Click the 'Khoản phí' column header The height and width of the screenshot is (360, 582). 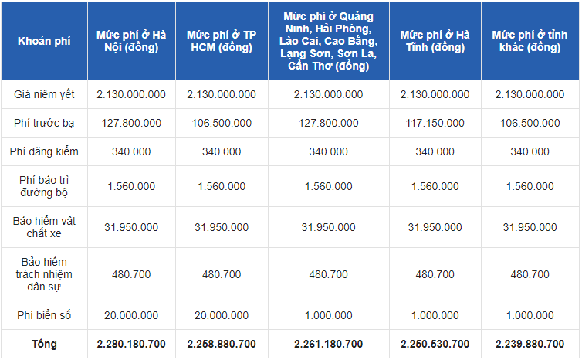(x=44, y=40)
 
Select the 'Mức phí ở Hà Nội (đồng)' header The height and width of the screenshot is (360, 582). (x=131, y=41)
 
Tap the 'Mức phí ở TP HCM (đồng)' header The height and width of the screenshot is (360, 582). (x=222, y=41)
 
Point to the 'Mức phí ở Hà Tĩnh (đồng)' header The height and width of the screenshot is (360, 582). (x=435, y=41)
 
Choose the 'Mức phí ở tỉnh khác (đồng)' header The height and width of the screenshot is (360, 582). (x=530, y=41)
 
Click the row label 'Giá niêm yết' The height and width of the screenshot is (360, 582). (x=44, y=94)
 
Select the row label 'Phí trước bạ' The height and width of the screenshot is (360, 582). (x=44, y=123)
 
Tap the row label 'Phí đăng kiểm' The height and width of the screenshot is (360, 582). (x=44, y=151)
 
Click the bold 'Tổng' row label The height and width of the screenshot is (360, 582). (x=44, y=343)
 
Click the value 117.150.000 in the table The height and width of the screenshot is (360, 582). (x=435, y=123)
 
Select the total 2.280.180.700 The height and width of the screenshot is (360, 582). (x=131, y=343)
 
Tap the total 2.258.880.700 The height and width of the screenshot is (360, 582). (x=222, y=343)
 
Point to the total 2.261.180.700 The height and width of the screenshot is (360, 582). (x=328, y=343)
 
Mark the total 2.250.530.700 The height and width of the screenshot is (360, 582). (x=435, y=343)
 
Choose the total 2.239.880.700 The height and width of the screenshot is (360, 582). (x=530, y=343)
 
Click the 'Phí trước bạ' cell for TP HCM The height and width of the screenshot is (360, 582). (x=222, y=123)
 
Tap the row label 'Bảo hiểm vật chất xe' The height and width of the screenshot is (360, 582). (x=44, y=227)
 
